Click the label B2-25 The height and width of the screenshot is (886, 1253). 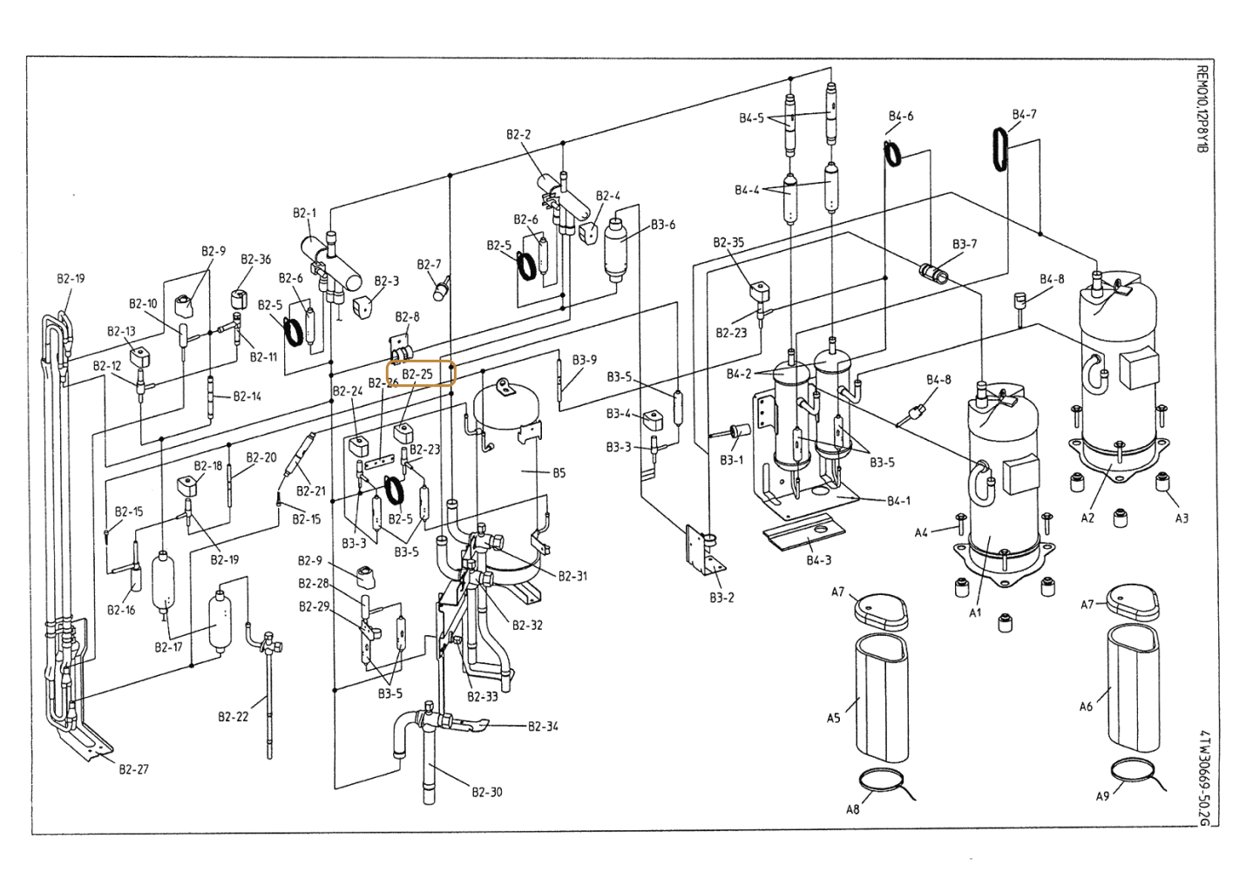(x=418, y=374)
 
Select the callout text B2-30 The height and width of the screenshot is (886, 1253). (x=487, y=792)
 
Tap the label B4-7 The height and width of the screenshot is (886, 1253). (x=1024, y=114)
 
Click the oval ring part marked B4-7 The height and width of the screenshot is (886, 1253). (x=1000, y=149)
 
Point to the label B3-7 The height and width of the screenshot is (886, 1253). (x=965, y=244)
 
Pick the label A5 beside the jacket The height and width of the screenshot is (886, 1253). (x=834, y=718)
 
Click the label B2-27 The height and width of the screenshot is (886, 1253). (x=133, y=769)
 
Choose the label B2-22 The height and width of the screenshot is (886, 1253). (x=233, y=716)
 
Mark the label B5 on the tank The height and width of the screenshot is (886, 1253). (x=559, y=473)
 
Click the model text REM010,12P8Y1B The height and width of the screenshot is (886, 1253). (x=1202, y=109)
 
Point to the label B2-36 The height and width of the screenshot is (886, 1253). (x=255, y=259)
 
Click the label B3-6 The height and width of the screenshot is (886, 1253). (x=663, y=224)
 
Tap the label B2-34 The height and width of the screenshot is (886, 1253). (x=543, y=726)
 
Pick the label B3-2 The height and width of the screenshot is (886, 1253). (x=721, y=598)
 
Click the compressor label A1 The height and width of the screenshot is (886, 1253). (x=975, y=612)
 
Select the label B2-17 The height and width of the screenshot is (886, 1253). (x=168, y=647)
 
